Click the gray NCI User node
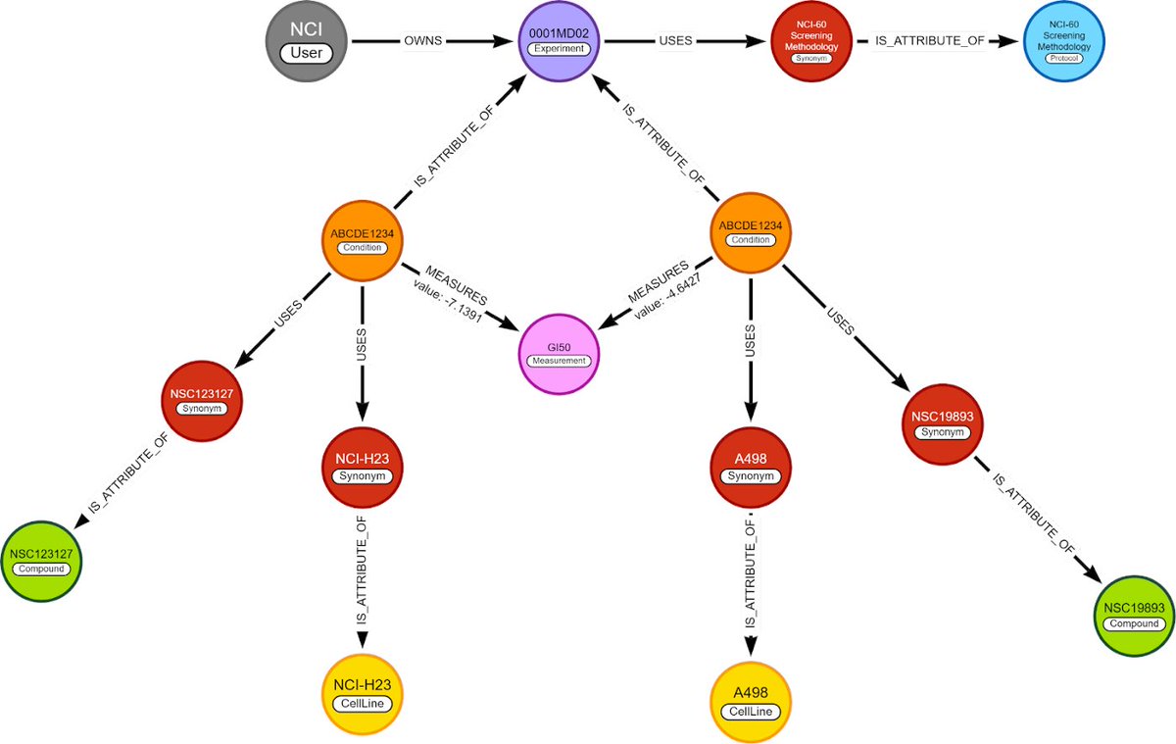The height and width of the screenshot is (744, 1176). (x=307, y=42)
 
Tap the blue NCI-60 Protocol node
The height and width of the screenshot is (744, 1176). (x=1064, y=42)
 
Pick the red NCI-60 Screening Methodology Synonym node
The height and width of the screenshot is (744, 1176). (x=810, y=42)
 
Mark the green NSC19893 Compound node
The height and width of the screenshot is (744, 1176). (x=1134, y=615)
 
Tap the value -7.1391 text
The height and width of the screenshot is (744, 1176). (x=448, y=307)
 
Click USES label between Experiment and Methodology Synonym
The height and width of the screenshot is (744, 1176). (x=675, y=42)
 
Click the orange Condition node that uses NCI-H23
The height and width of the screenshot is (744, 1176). (x=362, y=240)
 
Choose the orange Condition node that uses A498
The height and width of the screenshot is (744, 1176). (x=750, y=231)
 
